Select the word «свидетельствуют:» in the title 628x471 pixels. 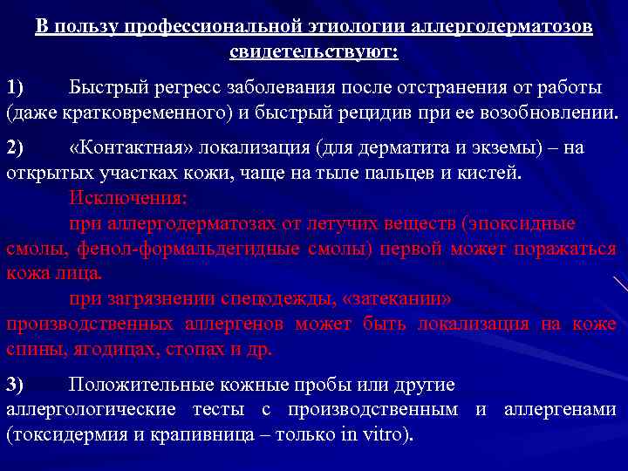(314, 51)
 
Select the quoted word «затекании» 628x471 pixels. (400, 299)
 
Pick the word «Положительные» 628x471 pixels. (132, 384)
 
